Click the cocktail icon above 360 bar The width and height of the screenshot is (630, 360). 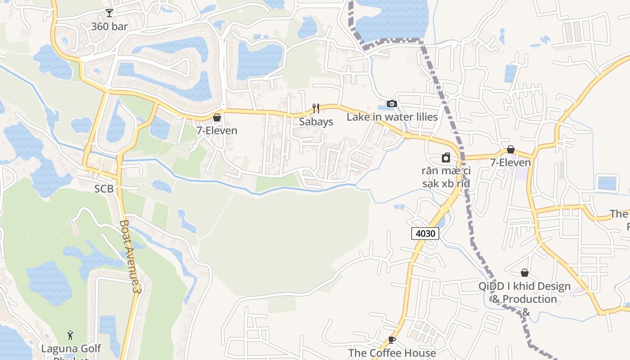tap(109, 13)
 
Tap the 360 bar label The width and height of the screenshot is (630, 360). tap(109, 27)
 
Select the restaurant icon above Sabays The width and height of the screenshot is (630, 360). tap(316, 108)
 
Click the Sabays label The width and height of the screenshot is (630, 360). tap(316, 122)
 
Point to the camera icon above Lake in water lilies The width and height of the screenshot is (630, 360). tap(392, 104)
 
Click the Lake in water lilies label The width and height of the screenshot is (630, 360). tap(392, 117)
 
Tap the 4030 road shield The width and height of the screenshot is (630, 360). tap(425, 233)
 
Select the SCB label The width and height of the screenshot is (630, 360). tap(104, 189)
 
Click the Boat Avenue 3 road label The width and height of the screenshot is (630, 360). tap(131, 256)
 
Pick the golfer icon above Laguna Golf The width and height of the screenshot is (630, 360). tap(70, 335)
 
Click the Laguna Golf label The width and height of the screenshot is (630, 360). tap(71, 349)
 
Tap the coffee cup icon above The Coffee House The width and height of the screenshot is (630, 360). tap(391, 340)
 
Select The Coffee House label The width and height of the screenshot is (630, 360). tap(392, 353)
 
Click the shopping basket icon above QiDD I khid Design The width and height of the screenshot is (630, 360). tap(524, 273)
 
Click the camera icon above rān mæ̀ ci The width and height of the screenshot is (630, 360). tap(445, 157)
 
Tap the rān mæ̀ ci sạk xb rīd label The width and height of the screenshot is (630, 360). tap(446, 177)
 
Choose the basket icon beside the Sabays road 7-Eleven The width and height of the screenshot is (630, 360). tap(217, 117)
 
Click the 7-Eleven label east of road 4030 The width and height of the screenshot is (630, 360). tap(510, 162)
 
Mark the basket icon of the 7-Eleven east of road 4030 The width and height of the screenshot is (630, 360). tap(511, 149)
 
